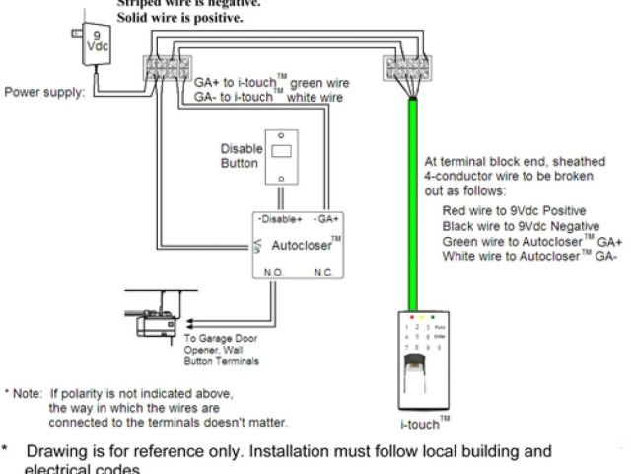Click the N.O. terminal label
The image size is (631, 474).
click(x=274, y=270)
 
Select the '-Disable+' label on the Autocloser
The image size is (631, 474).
click(x=279, y=218)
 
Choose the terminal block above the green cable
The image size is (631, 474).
click(x=404, y=70)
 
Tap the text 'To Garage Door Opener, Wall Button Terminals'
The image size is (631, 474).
click(x=222, y=350)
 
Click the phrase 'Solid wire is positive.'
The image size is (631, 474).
click(x=179, y=18)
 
